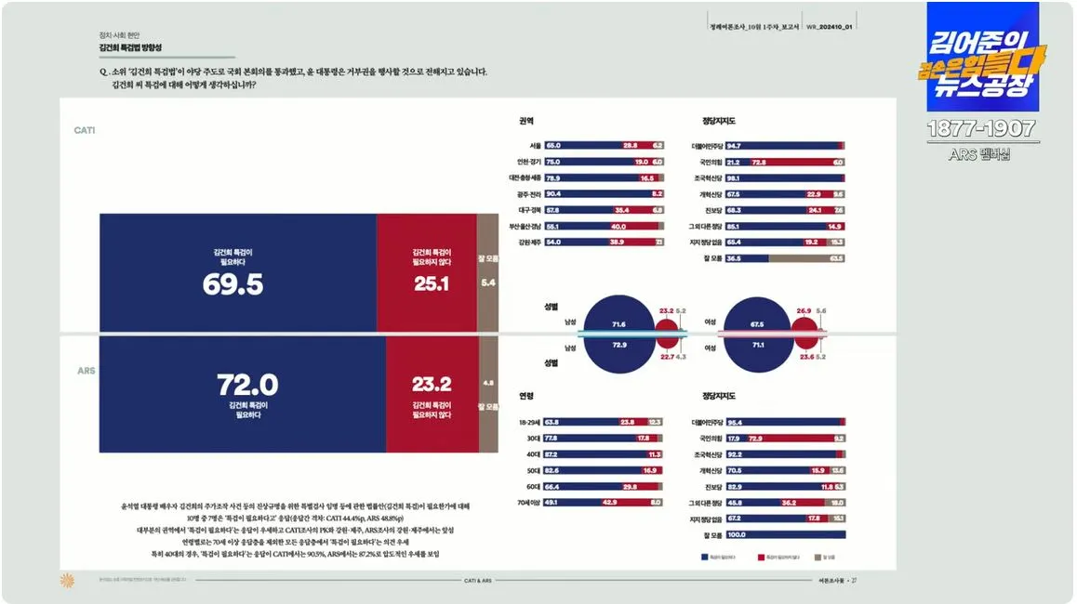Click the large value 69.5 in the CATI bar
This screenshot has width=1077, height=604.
tap(233, 284)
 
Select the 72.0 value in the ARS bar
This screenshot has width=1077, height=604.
tap(247, 385)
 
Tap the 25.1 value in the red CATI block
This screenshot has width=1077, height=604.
tap(432, 283)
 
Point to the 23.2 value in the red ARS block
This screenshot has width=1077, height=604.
tap(432, 384)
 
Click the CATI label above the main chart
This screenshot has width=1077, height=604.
tap(85, 131)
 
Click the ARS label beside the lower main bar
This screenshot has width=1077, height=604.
tap(85, 371)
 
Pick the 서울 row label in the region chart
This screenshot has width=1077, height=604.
tap(535, 146)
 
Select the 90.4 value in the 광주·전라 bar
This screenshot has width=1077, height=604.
tap(553, 193)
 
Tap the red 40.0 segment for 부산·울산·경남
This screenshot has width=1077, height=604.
tap(618, 226)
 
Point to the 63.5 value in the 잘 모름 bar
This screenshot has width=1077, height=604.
tap(837, 257)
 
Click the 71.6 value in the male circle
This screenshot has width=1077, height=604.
tap(618, 324)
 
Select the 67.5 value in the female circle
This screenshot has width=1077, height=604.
tap(757, 324)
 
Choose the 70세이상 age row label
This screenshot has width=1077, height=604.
tap(529, 502)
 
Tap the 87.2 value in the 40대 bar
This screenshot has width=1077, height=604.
tap(552, 454)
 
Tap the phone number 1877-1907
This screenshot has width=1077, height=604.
tap(983, 129)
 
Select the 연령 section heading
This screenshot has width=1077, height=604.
tap(526, 396)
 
